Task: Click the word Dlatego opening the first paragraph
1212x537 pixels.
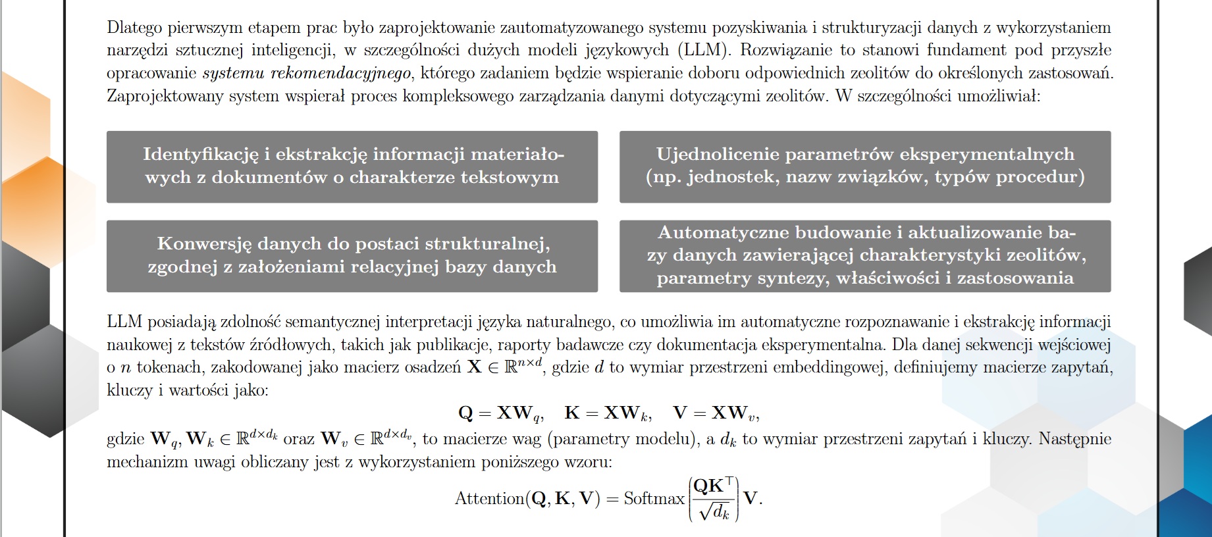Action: (x=134, y=28)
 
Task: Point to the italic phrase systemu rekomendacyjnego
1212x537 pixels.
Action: (x=307, y=73)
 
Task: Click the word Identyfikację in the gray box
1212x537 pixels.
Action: (x=201, y=154)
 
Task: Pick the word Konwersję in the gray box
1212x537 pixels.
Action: (x=204, y=243)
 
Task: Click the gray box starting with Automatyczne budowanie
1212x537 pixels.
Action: (x=864, y=256)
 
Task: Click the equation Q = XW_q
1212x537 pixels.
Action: (x=500, y=413)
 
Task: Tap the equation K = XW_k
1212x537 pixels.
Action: (x=608, y=413)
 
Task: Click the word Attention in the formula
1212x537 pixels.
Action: (x=489, y=499)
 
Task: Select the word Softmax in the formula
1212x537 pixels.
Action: (x=654, y=499)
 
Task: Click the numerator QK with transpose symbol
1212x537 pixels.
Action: (x=714, y=486)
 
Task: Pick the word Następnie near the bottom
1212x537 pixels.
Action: (x=1074, y=439)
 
